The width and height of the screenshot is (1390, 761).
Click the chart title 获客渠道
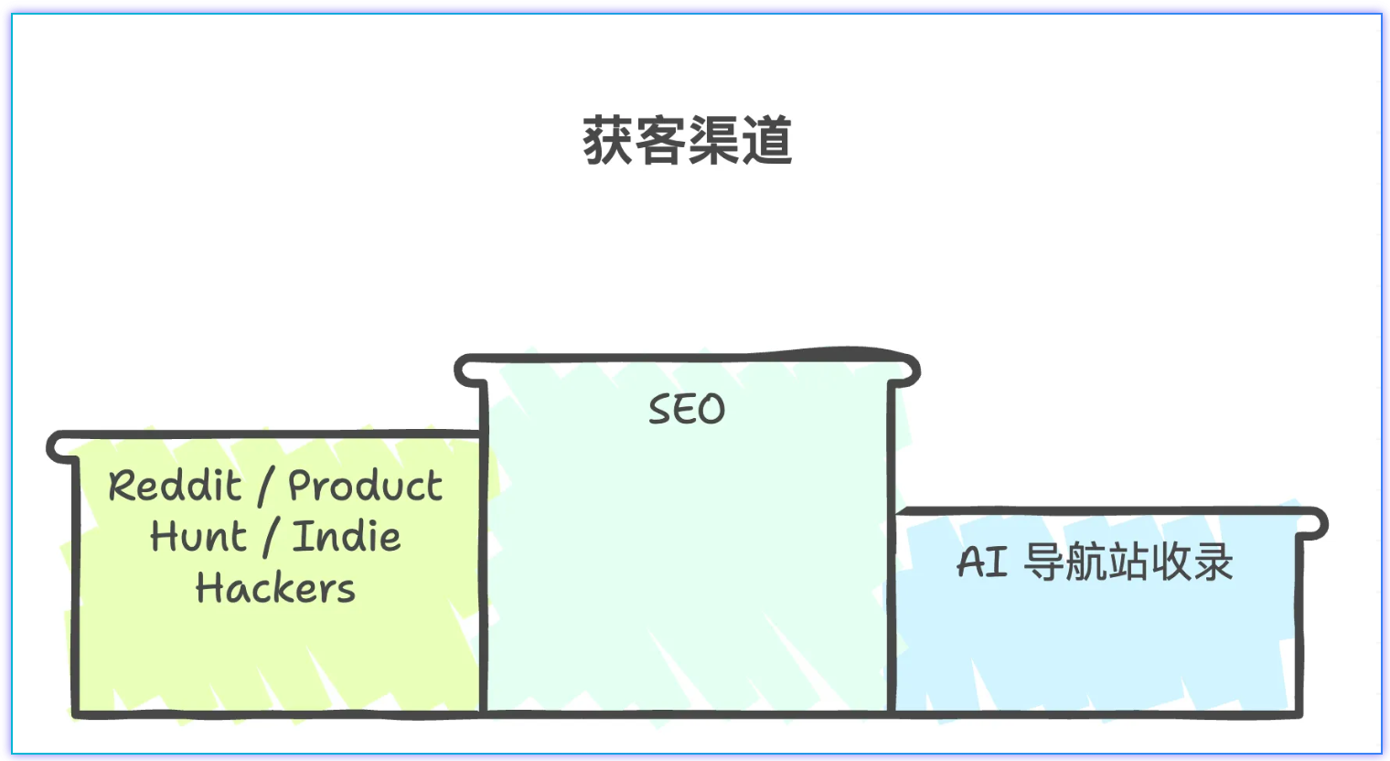(687, 141)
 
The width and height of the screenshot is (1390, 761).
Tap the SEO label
(687, 409)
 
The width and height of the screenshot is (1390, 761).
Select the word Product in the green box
(366, 486)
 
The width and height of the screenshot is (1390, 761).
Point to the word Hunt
(198, 537)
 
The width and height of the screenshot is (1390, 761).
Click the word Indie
(347, 537)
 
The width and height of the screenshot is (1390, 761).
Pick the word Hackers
(275, 588)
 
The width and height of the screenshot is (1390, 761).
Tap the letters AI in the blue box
(982, 562)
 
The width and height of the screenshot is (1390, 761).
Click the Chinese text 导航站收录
(1128, 562)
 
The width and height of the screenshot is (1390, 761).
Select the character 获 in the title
(608, 141)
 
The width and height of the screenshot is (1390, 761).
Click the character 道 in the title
(766, 141)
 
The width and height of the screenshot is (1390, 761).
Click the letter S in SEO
(660, 409)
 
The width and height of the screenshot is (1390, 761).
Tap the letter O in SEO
(712, 409)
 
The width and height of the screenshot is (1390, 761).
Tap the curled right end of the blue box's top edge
(1318, 523)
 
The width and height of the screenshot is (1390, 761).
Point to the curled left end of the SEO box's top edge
(465, 370)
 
